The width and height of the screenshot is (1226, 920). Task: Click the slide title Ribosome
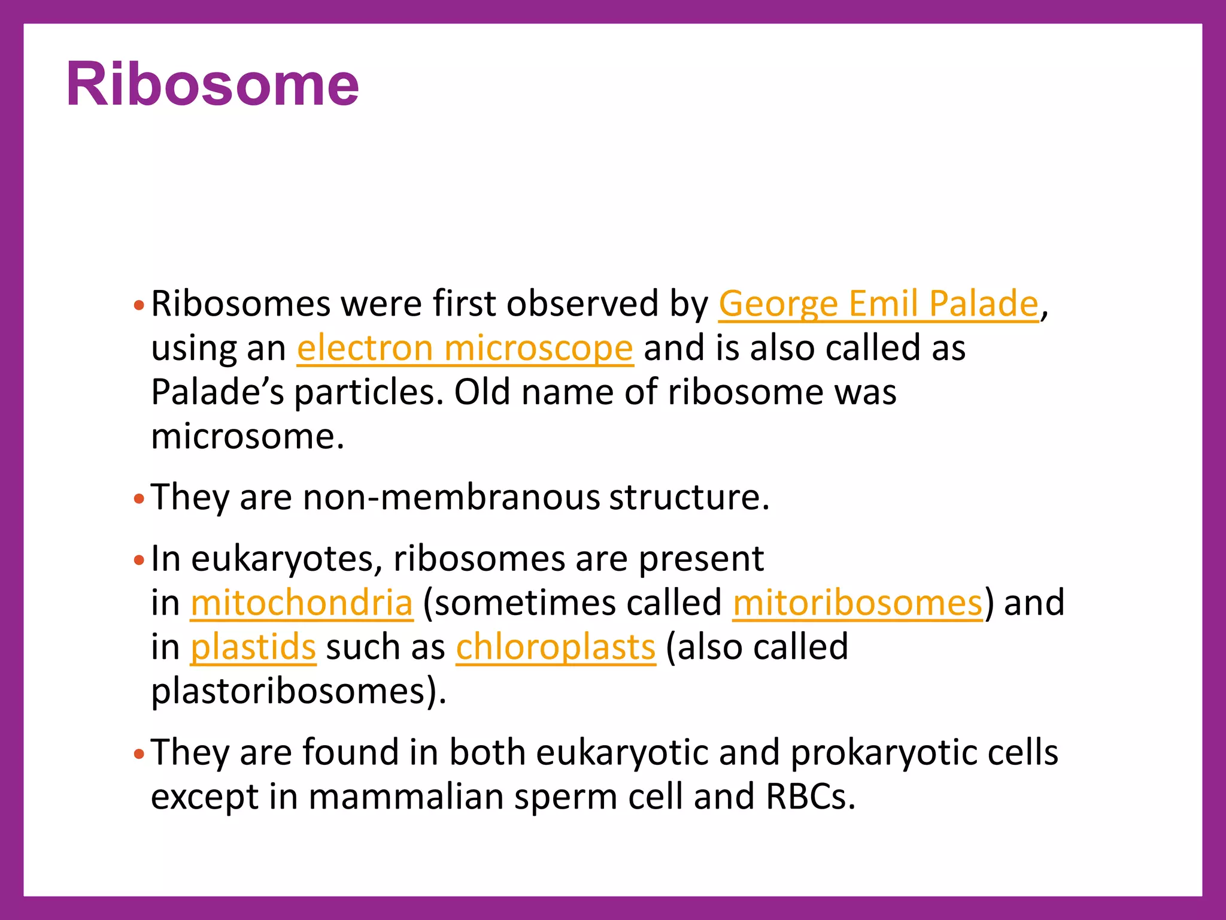point(213,84)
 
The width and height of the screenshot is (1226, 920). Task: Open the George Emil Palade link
point(878,304)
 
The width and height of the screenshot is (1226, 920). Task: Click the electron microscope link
point(465,348)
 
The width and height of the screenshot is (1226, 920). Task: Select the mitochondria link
point(302,603)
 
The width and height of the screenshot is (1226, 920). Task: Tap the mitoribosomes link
point(857,603)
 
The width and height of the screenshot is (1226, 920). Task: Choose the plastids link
point(253,647)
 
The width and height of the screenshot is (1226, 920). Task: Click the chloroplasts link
point(556,647)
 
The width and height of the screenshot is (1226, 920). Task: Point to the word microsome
point(247,437)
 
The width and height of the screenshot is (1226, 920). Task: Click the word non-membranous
point(451,497)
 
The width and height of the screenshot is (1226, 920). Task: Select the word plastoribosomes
point(296,691)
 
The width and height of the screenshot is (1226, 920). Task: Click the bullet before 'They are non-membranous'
point(139,499)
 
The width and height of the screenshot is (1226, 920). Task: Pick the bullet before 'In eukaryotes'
point(139,561)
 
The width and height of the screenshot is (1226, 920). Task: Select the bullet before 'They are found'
point(139,755)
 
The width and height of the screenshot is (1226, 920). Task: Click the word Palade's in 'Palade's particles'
point(217,392)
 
